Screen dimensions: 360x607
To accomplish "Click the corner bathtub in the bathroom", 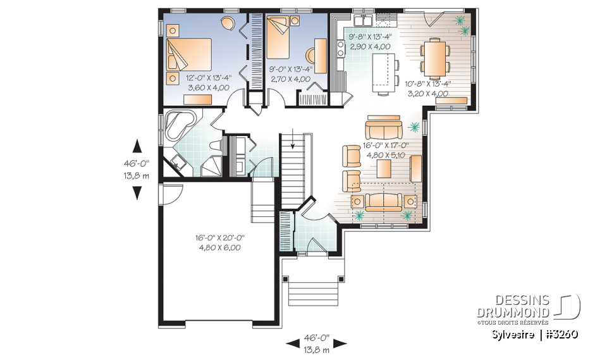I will point(179,125).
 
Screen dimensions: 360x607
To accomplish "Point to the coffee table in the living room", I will point(383,168).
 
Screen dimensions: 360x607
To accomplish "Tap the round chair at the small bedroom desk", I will point(314,54).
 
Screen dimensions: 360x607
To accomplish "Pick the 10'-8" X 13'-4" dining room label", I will point(427,89).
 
